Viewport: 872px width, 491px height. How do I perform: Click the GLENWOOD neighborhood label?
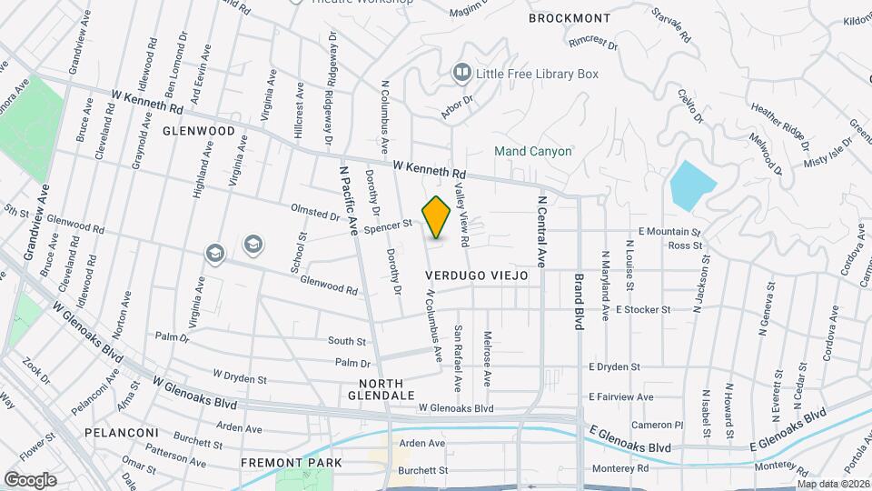click(x=193, y=131)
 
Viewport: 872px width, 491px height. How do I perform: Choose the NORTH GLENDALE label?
click(x=381, y=388)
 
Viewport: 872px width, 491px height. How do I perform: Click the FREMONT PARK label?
click(x=292, y=463)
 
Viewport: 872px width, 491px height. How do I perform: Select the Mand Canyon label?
click(x=532, y=151)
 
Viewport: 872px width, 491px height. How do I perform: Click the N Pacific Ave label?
click(x=350, y=199)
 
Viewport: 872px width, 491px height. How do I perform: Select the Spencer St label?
click(x=389, y=223)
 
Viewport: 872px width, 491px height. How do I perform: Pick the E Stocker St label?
click(x=642, y=309)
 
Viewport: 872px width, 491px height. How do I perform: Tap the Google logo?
click(x=30, y=479)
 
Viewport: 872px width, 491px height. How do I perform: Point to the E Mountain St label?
click(x=671, y=232)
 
